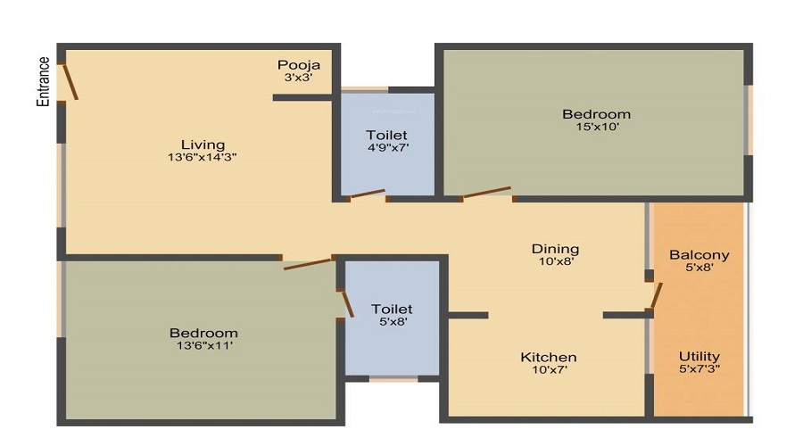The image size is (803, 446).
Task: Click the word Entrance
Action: pyautogui.click(x=44, y=81)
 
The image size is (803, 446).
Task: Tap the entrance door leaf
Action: pyautogui.click(x=70, y=81)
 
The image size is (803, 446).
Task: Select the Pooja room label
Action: pyautogui.click(x=299, y=65)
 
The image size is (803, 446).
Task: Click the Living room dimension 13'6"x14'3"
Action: pyautogui.click(x=202, y=157)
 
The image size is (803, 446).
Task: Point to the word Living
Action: pyautogui.click(x=203, y=145)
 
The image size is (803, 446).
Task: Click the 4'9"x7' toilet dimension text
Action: pyautogui.click(x=388, y=148)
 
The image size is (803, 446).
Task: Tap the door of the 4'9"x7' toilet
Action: pyautogui.click(x=368, y=194)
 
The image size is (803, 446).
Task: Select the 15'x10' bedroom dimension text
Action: pyautogui.click(x=597, y=127)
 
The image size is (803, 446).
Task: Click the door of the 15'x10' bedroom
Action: pyautogui.click(x=486, y=193)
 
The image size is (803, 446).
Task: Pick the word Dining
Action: pyautogui.click(x=555, y=250)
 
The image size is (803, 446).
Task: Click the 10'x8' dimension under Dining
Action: pyautogui.click(x=556, y=261)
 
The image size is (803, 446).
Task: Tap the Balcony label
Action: pyautogui.click(x=699, y=255)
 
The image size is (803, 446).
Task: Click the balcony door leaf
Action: pyautogui.click(x=657, y=296)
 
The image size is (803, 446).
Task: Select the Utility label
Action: pyautogui.click(x=699, y=357)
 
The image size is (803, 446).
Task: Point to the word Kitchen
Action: pyautogui.click(x=549, y=358)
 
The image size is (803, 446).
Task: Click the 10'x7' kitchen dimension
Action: pyautogui.click(x=549, y=369)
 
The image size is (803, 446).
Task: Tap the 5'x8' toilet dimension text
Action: pyautogui.click(x=393, y=322)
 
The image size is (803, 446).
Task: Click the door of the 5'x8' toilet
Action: pyautogui.click(x=347, y=303)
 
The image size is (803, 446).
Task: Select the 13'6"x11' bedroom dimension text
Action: pyautogui.click(x=204, y=345)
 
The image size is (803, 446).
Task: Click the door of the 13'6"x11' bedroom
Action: pyautogui.click(x=309, y=264)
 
